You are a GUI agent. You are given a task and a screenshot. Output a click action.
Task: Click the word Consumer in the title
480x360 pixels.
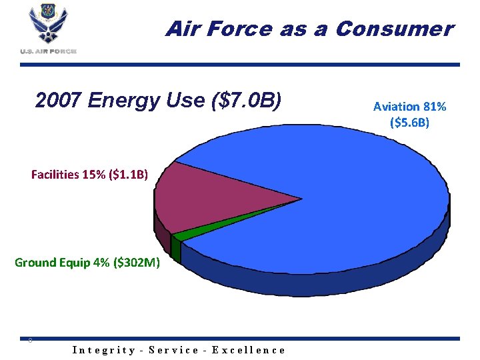[x=394, y=29]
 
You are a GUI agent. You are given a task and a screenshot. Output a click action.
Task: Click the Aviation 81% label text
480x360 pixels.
[x=409, y=107]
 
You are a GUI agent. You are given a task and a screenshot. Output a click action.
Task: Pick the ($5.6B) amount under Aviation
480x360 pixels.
[x=409, y=123]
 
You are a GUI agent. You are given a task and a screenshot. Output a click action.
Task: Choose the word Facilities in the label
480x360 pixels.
[x=55, y=175]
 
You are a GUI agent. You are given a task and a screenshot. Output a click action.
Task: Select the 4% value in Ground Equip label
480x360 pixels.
[x=102, y=263]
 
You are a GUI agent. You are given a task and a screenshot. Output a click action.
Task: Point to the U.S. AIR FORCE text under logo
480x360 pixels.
[x=48, y=51]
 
